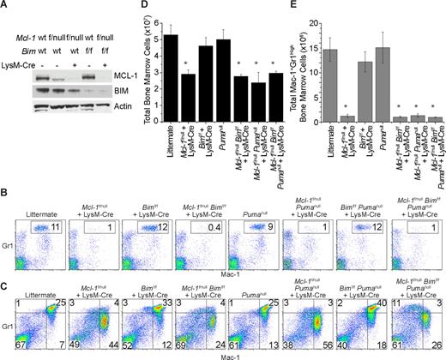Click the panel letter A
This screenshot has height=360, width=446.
pos(6,6)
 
